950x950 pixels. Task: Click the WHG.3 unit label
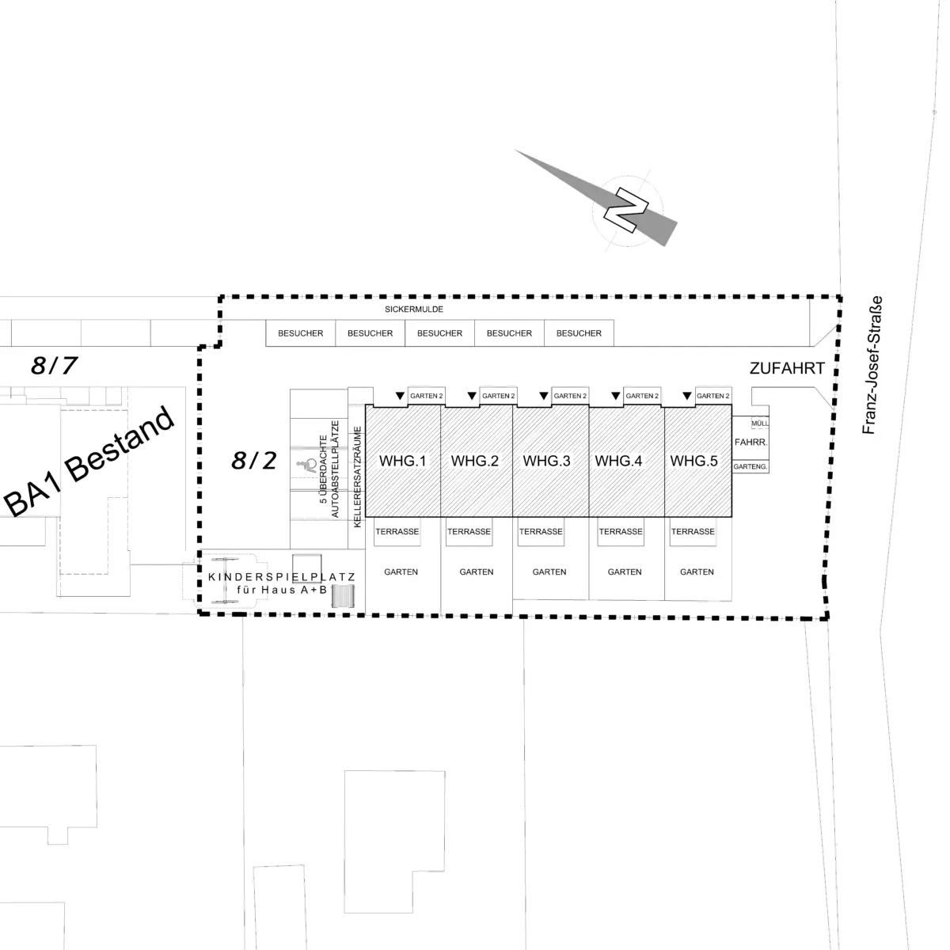(546, 461)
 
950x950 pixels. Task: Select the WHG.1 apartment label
(402, 461)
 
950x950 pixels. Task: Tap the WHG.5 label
(693, 461)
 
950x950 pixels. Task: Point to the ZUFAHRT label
(787, 368)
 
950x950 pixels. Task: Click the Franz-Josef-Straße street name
(872, 365)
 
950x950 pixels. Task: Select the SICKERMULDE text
(414, 309)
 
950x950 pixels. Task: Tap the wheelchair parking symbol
(308, 465)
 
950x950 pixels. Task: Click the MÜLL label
(760, 423)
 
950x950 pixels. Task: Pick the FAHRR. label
(750, 443)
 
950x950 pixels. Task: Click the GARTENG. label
(750, 466)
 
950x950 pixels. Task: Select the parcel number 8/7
(55, 365)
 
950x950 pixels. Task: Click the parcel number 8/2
(254, 461)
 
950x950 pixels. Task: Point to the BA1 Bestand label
(89, 462)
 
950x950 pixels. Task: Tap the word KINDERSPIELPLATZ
(282, 577)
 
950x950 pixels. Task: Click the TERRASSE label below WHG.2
(469, 531)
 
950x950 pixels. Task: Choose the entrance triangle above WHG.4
(615, 396)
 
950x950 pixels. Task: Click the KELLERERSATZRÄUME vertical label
(357, 477)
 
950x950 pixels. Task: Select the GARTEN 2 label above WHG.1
(427, 396)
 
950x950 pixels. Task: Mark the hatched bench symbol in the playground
(343, 595)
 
